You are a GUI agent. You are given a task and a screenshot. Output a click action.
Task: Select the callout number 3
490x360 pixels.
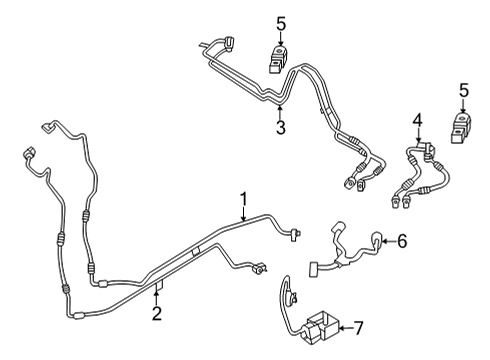(x=282, y=128)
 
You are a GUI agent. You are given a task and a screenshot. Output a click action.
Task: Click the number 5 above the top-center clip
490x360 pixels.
(x=279, y=21)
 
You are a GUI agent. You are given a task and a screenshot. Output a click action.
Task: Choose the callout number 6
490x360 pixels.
(x=402, y=240)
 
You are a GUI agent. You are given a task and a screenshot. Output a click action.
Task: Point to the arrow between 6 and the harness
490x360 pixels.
(x=388, y=240)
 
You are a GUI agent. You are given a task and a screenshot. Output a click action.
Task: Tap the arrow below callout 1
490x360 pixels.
(x=243, y=212)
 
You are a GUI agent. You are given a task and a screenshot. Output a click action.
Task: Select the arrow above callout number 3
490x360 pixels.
(x=282, y=112)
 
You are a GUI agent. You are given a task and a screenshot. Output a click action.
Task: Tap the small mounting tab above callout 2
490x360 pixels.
(x=157, y=289)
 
